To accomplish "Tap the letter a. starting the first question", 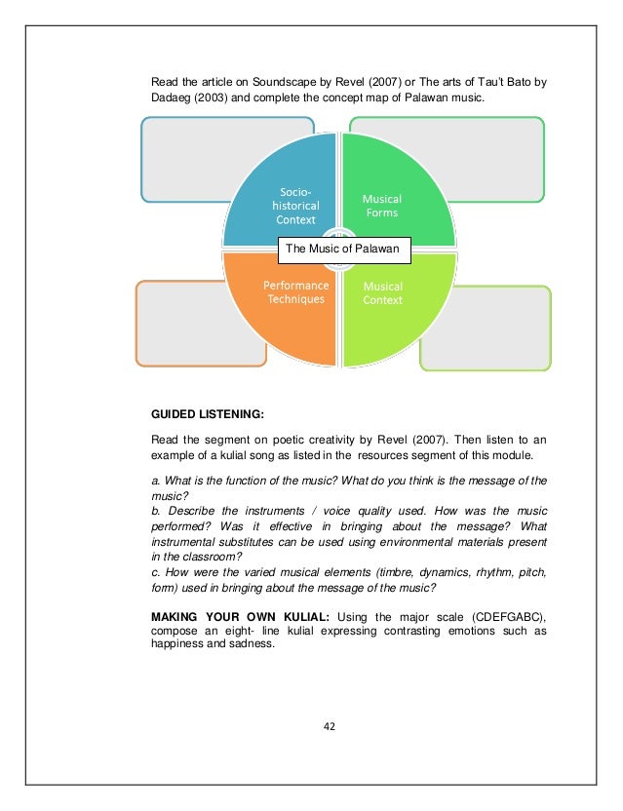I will click(x=155, y=481).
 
